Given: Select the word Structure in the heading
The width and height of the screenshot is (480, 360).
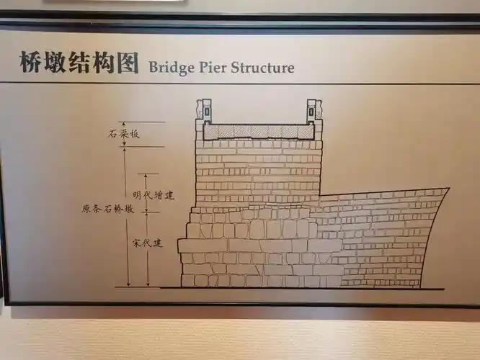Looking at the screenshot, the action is (x=263, y=68).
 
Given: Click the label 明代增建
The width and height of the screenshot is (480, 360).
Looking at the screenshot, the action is (x=154, y=195).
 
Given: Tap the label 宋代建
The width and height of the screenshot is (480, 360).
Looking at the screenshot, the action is (x=148, y=243).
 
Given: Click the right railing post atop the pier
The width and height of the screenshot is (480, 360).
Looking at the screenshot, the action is (x=314, y=109).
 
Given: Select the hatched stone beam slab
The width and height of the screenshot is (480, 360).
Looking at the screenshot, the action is (x=259, y=132).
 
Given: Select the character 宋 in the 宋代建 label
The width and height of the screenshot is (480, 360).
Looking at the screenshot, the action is (x=138, y=243).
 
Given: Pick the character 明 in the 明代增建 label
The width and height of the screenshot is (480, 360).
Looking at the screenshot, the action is (x=138, y=195).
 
